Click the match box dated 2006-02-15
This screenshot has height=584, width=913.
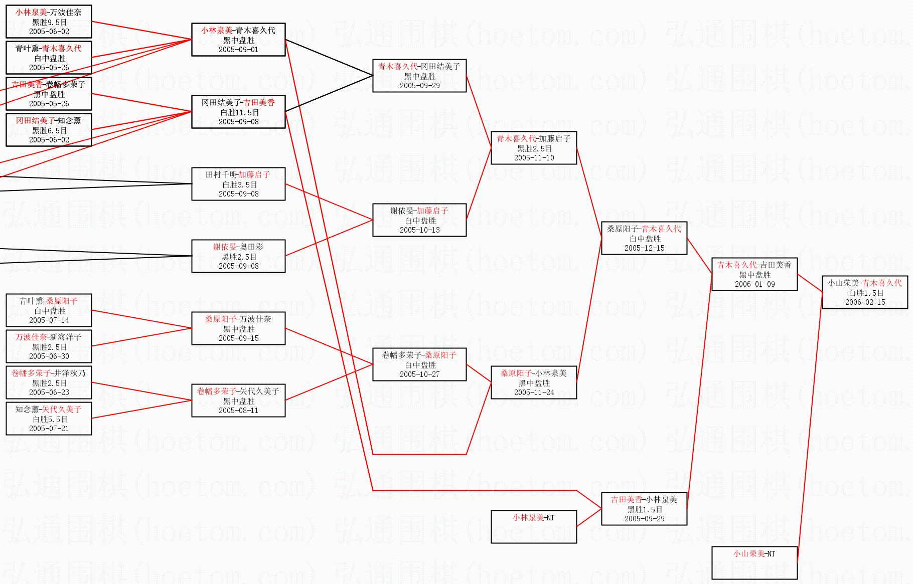click(865, 292)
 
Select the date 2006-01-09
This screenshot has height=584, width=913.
click(754, 284)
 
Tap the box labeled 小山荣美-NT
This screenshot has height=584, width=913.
click(754, 562)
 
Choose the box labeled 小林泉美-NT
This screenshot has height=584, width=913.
click(534, 526)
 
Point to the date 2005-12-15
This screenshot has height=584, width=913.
click(644, 248)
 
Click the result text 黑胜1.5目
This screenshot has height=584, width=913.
click(644, 509)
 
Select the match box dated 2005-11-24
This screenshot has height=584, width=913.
click(534, 382)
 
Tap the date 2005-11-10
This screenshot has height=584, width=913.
click(534, 158)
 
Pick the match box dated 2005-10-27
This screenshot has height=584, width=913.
click(419, 364)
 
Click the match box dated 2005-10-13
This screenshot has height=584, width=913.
click(419, 220)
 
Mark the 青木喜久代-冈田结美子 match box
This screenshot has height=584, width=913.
click(419, 76)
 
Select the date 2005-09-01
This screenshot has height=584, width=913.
click(238, 50)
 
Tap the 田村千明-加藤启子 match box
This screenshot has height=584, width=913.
click(238, 184)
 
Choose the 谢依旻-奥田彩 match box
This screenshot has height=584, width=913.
click(238, 256)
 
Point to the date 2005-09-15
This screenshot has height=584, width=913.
click(238, 338)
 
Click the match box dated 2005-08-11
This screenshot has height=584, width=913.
click(238, 401)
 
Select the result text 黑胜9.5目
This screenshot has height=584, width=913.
click(49, 22)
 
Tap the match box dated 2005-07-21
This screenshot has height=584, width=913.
click(49, 419)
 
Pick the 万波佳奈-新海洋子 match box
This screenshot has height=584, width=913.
click(49, 346)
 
